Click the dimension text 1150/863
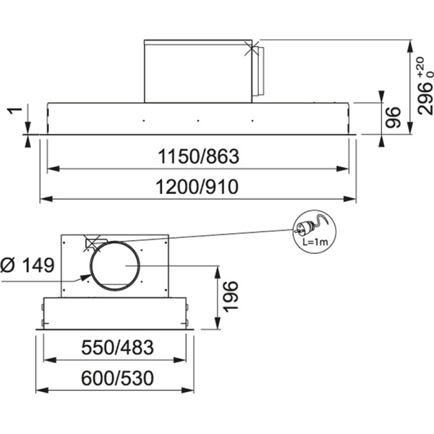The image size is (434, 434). [197, 156]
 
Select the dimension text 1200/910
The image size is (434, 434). [197, 187]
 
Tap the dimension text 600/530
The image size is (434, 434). [116, 378]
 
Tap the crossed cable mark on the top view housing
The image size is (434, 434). [250, 49]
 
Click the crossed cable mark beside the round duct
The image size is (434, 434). [93, 243]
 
